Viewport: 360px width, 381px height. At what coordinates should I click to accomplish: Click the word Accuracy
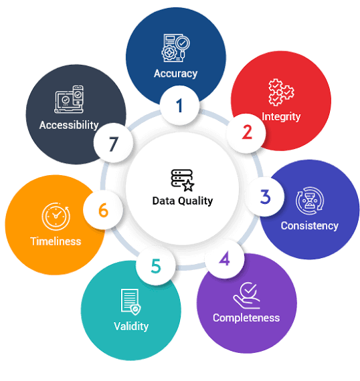[175, 74]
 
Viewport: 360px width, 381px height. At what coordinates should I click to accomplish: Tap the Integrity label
[281, 116]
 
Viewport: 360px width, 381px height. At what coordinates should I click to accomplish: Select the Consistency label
[309, 226]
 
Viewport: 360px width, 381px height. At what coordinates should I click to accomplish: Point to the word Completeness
[246, 318]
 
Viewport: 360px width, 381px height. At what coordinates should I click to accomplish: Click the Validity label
[131, 326]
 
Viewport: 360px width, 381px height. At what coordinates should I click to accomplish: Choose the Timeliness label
[56, 241]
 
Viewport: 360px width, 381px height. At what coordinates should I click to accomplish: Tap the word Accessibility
[69, 126]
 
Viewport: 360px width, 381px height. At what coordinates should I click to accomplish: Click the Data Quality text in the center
[183, 201]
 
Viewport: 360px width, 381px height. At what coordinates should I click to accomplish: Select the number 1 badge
[180, 105]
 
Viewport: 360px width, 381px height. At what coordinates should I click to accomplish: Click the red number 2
[247, 132]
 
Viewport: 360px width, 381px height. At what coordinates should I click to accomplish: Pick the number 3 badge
[265, 197]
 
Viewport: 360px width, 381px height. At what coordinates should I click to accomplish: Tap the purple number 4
[225, 259]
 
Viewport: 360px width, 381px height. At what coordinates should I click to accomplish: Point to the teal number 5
[156, 266]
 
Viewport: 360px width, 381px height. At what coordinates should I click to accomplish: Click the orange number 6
[103, 210]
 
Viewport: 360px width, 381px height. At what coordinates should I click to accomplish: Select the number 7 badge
[113, 143]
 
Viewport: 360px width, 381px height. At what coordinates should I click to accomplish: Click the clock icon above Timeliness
[56, 217]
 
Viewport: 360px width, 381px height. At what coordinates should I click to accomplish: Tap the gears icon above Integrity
[281, 92]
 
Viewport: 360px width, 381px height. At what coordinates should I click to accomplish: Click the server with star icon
[183, 180]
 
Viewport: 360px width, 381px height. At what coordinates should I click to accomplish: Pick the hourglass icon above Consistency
[310, 201]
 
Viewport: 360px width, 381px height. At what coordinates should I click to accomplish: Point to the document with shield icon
[131, 301]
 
